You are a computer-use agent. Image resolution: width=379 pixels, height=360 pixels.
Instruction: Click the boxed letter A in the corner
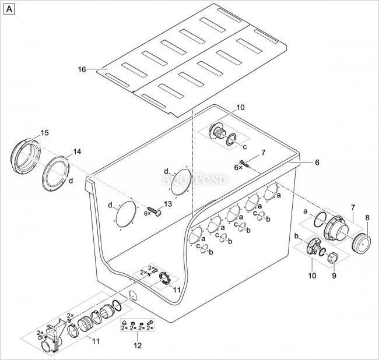coord(9,9)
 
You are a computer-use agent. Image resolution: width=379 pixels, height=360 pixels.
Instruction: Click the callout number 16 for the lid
coord(82,69)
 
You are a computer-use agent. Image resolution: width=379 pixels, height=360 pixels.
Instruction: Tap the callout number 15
coord(44,133)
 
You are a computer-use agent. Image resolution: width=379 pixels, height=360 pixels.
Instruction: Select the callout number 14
coord(77,151)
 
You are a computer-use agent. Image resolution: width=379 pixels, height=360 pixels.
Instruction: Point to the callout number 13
coord(168,204)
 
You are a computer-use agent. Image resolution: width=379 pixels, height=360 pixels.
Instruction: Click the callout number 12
coord(138,345)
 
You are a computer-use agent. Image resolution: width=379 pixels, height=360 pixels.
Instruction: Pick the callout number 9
coord(334,276)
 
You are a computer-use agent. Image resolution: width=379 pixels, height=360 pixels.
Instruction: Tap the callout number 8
coord(367,218)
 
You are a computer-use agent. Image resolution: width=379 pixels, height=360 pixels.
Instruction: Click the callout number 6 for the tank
coord(317,163)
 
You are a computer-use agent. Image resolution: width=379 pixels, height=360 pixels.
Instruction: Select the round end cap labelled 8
coord(361,243)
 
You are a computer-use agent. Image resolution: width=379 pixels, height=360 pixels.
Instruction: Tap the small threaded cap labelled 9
coord(332,257)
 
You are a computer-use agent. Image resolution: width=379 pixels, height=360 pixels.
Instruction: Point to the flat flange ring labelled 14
coord(56,173)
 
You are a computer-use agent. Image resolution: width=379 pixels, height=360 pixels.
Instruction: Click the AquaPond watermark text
coord(194,179)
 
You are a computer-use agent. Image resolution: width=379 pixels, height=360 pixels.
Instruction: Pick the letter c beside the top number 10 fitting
coord(245,147)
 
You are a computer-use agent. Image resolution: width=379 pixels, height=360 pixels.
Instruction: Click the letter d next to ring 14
coord(71,181)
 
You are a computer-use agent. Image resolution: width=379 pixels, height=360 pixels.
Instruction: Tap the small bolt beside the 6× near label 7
coord(245,164)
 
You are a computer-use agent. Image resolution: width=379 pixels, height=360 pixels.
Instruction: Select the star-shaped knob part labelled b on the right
coord(314,246)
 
